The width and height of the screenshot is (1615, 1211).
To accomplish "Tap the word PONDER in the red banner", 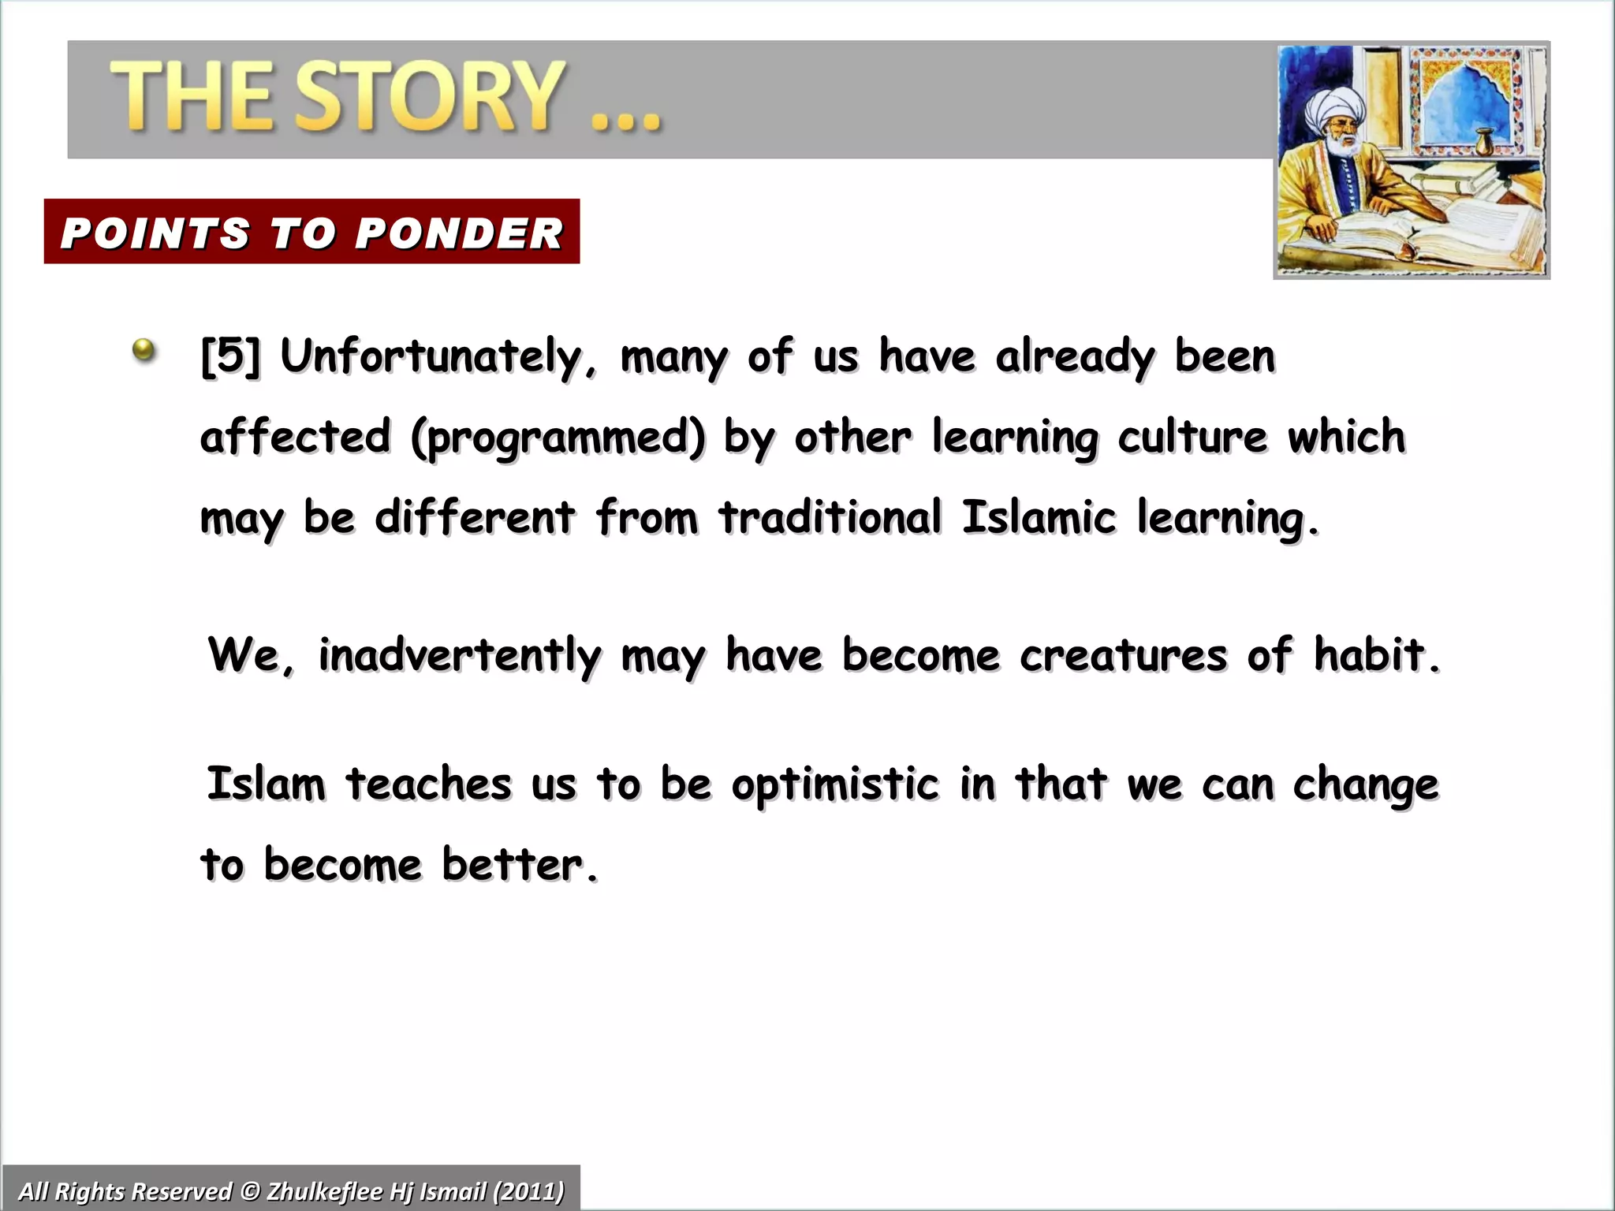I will click(x=459, y=233).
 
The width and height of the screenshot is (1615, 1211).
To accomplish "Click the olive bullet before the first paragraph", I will click(x=144, y=349).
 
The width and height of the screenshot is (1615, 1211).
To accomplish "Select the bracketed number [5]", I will click(x=229, y=356).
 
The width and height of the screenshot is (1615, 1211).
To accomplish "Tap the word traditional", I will click(x=830, y=518).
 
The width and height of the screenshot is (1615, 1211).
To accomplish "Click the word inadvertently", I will click(x=459, y=656).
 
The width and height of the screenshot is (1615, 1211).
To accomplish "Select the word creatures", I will click(x=1123, y=656).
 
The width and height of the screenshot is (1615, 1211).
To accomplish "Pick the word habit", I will click(x=1376, y=654).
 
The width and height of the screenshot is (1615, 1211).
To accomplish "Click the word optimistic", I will click(x=835, y=785).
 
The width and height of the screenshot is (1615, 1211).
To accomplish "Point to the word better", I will click(x=519, y=865).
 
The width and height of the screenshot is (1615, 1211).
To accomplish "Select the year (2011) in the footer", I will click(x=528, y=1191).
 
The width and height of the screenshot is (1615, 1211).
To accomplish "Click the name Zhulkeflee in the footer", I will click(x=327, y=1191).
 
